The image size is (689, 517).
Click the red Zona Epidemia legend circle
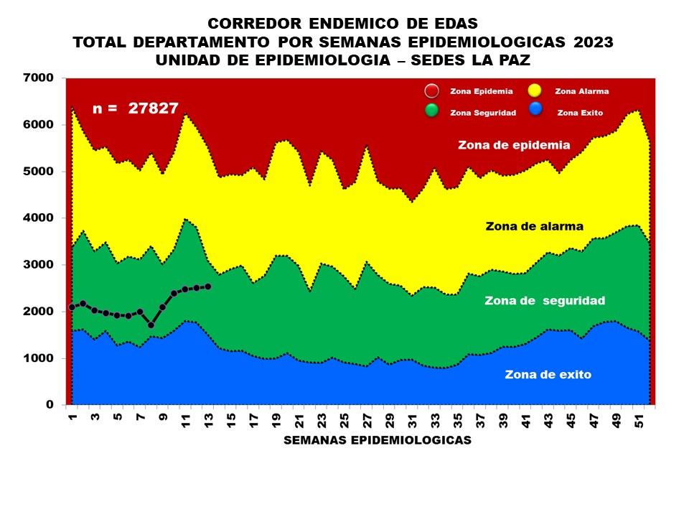click(x=431, y=91)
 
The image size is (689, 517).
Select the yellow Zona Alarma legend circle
click(x=535, y=91)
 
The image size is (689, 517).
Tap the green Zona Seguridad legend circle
click(x=431, y=111)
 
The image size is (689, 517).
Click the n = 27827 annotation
click(x=136, y=108)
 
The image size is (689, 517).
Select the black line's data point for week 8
click(x=151, y=325)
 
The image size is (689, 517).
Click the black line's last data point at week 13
click(x=207, y=287)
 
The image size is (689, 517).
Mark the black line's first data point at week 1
click(x=72, y=307)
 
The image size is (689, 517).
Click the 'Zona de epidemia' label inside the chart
click(x=514, y=145)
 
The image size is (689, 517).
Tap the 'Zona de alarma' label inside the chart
click(x=532, y=226)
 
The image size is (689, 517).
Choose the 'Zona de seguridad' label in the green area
click(x=544, y=300)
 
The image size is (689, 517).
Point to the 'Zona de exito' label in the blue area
click(x=548, y=374)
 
